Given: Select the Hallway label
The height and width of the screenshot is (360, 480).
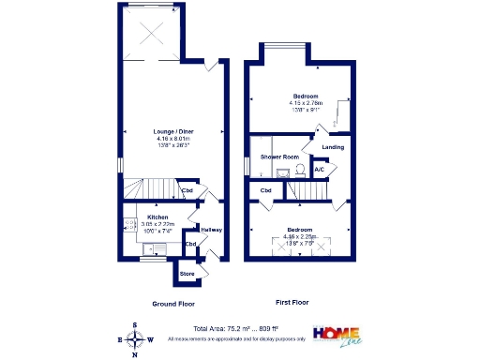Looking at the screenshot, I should coord(211,230).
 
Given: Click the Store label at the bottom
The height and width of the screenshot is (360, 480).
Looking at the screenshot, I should coord(187,274).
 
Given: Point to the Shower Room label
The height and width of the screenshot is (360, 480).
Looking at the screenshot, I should coord(279,157).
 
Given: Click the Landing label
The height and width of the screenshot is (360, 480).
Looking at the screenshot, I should coord(333,147).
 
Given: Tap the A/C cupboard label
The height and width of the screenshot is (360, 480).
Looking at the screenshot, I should coord(320,170).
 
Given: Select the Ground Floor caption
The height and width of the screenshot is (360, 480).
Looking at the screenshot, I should coord(172,303).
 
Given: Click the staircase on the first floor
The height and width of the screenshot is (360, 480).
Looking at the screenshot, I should coord(310,191).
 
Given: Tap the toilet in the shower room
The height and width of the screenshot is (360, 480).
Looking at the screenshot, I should coord(297,170).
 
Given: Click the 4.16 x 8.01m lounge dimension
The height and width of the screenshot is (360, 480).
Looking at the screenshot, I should coord(172,139).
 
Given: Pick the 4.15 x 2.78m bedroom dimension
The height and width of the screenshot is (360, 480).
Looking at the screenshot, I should coord(306,103).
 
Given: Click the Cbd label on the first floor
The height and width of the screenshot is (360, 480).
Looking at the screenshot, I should coord(265,190).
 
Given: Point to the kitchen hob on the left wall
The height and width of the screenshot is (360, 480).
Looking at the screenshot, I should coord(126,225).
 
